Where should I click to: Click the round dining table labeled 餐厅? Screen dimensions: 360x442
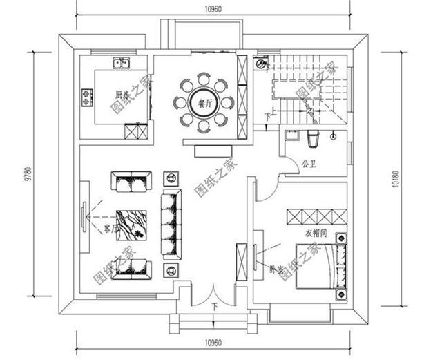(203, 103)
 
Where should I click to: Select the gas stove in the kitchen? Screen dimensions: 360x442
(87, 97)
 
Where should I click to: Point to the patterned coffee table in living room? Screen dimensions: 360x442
(131, 225)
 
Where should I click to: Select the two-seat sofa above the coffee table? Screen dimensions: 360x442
(130, 183)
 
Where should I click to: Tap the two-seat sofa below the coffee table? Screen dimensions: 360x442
(131, 267)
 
